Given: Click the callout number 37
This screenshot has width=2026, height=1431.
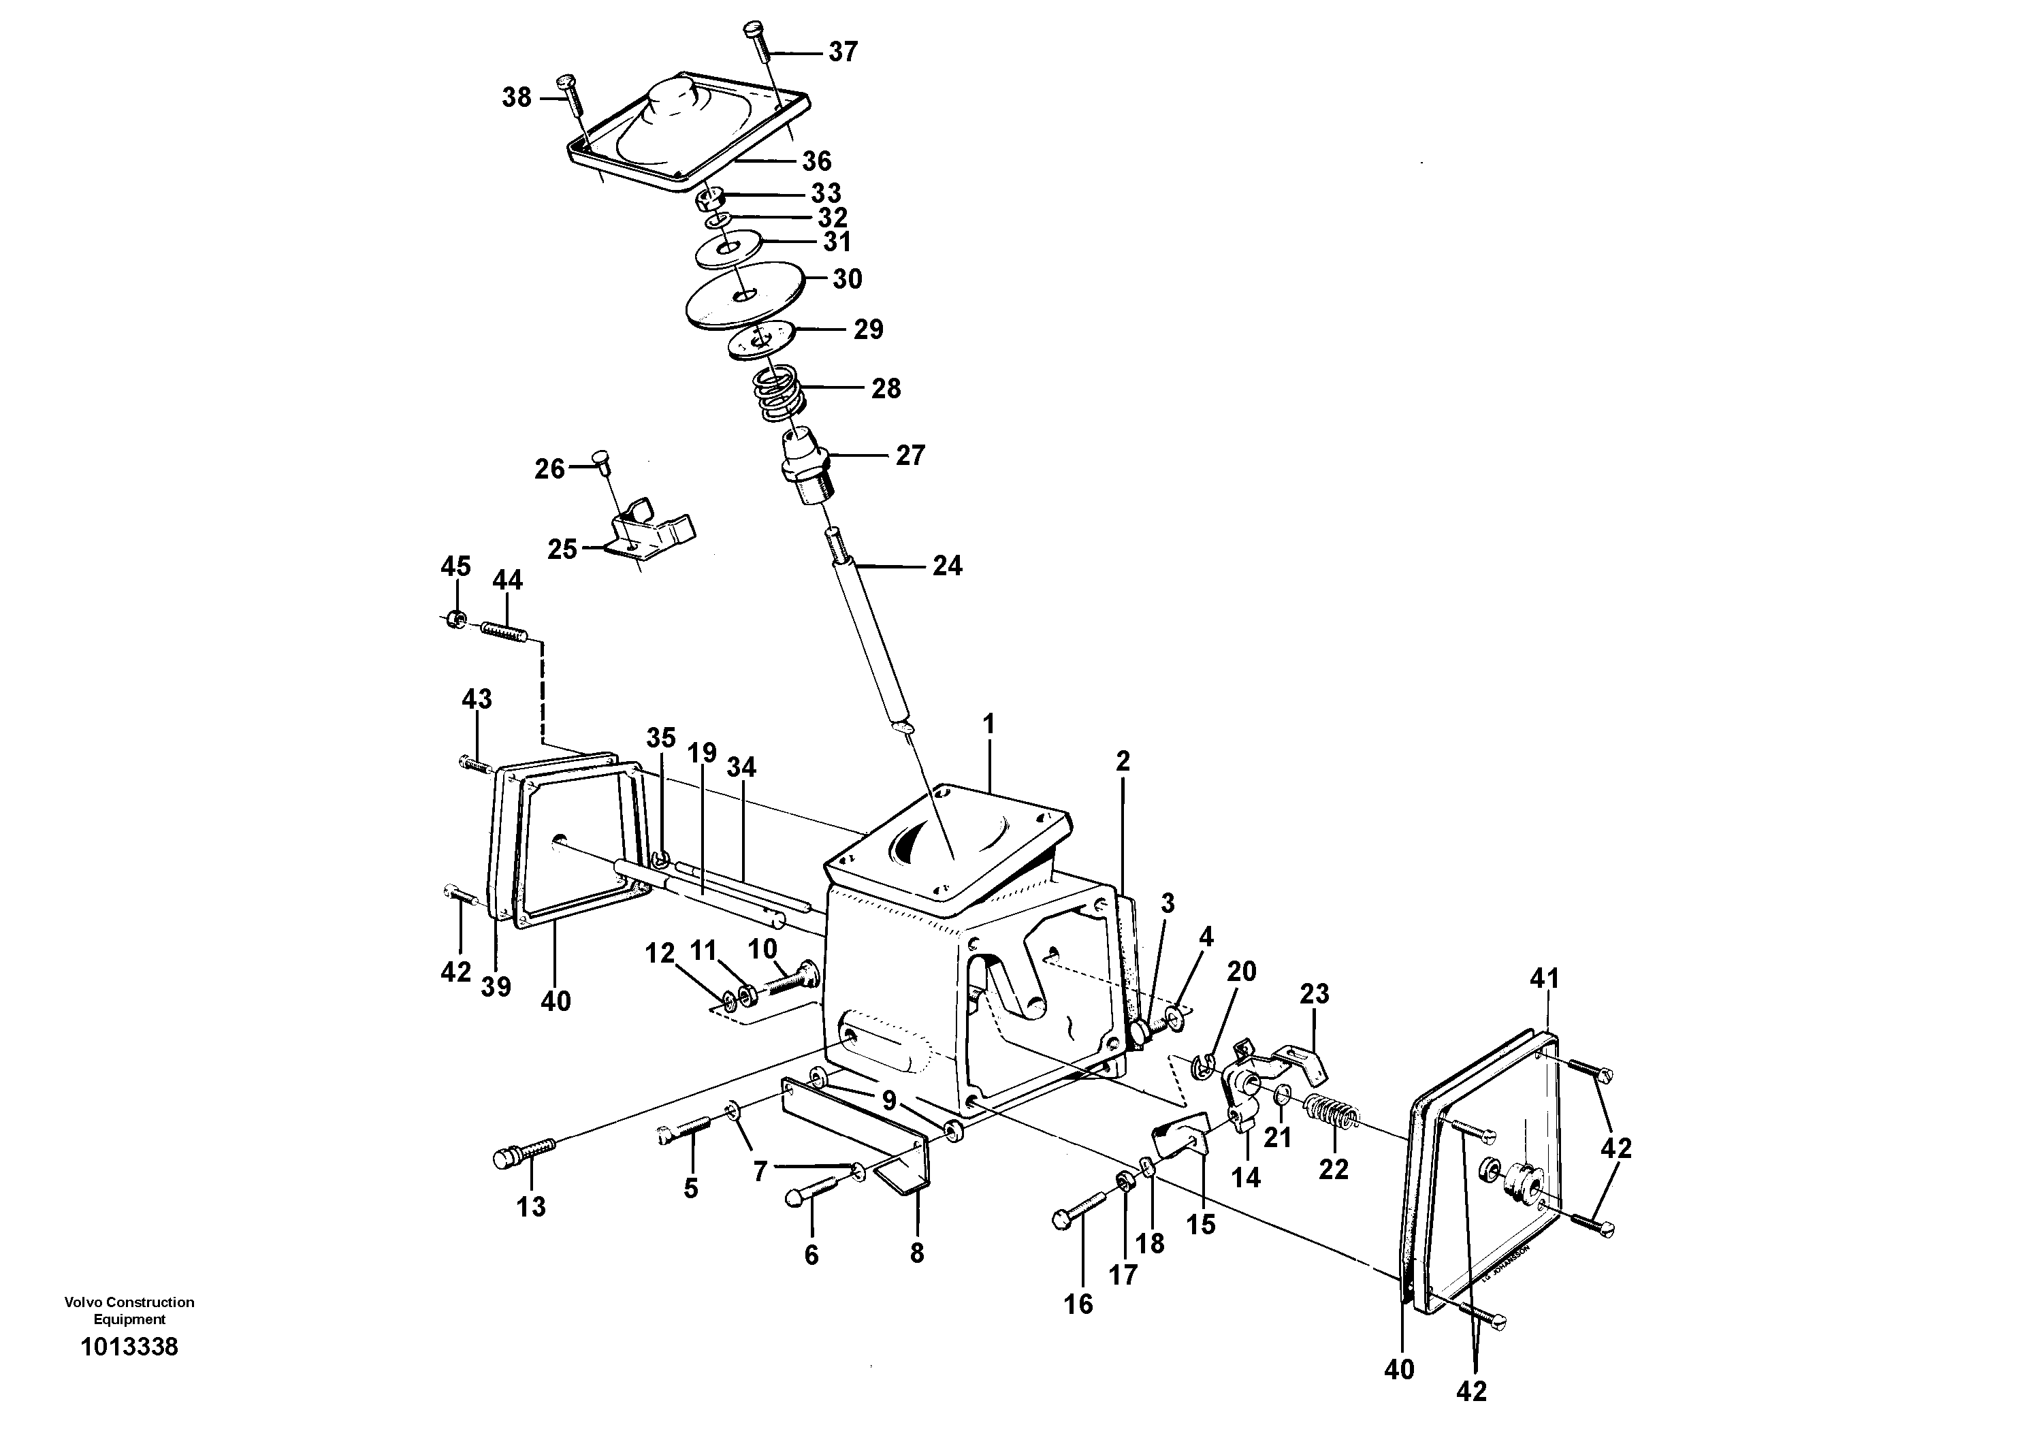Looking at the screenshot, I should pyautogui.click(x=843, y=52).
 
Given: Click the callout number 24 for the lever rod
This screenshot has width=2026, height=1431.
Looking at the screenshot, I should pyautogui.click(x=947, y=566).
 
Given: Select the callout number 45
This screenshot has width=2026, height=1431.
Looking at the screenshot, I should pyautogui.click(x=455, y=566).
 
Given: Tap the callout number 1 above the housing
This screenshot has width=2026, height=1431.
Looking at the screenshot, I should pyautogui.click(x=988, y=724).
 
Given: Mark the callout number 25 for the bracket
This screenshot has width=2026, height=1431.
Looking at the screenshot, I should pyautogui.click(x=562, y=549).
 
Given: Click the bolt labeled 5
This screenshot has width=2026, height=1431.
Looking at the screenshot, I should pyautogui.click(x=685, y=1129).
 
